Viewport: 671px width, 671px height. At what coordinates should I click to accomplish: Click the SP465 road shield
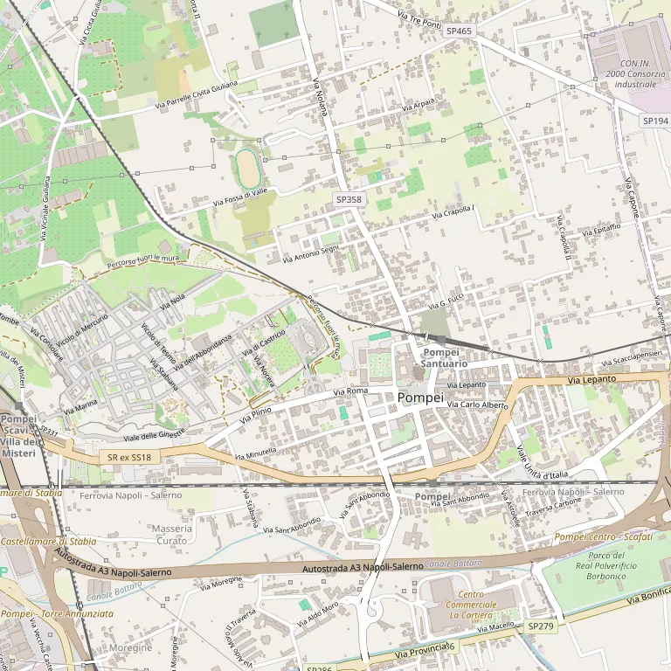pyautogui.click(x=459, y=31)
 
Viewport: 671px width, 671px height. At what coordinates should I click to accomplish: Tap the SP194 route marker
pyautogui.click(x=654, y=120)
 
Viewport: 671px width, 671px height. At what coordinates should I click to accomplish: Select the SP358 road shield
pyautogui.click(x=349, y=200)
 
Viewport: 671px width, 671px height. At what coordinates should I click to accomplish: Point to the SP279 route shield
pyautogui.click(x=540, y=626)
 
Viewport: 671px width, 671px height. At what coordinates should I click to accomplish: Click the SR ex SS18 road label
pyautogui.click(x=129, y=457)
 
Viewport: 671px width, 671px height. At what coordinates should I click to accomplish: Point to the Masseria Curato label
pyautogui.click(x=171, y=535)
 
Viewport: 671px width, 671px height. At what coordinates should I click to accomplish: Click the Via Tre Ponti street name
pyautogui.click(x=419, y=19)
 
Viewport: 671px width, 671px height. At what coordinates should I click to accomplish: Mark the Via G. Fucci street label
pyautogui.click(x=451, y=302)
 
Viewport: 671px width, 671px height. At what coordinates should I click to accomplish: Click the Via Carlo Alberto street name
pyautogui.click(x=477, y=405)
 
